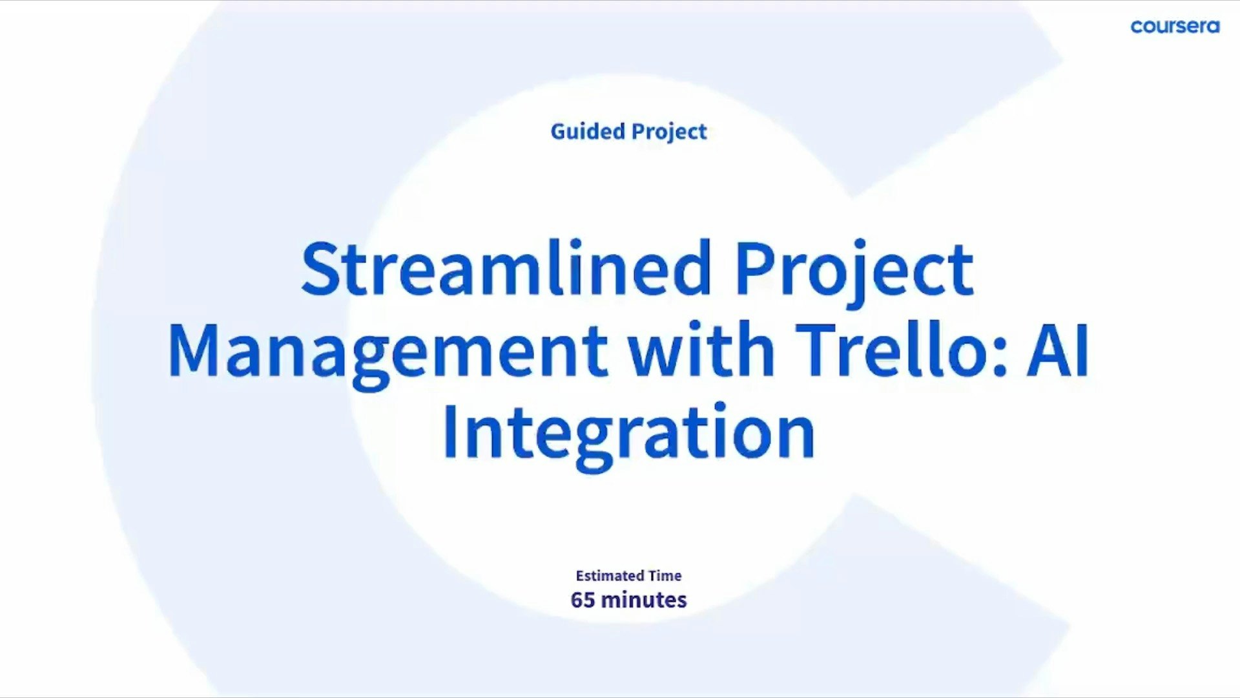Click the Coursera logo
tap(1175, 26)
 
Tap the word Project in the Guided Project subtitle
tap(669, 132)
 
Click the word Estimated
tap(609, 575)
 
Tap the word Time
tap(665, 575)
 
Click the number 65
tap(583, 600)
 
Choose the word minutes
tap(643, 600)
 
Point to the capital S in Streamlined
tap(320, 268)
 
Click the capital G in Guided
tap(558, 131)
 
